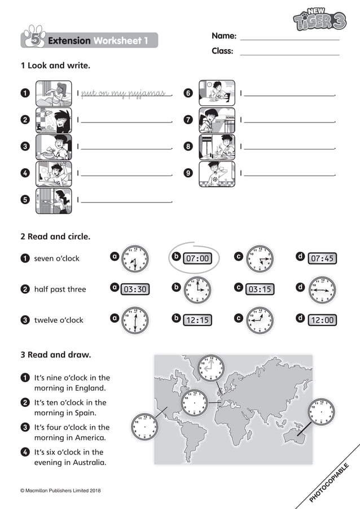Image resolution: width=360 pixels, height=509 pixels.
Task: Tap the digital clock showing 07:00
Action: (x=197, y=258)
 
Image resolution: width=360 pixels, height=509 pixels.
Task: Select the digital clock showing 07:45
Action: (x=322, y=258)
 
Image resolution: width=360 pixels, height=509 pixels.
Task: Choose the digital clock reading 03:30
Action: (x=135, y=289)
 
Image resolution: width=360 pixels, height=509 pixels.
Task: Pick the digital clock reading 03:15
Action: (x=260, y=289)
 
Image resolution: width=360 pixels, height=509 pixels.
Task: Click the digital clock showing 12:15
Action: (x=197, y=320)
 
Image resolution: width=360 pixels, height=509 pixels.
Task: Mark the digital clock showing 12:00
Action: (x=322, y=320)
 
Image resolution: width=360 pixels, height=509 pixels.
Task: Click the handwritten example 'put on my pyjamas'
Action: (x=123, y=93)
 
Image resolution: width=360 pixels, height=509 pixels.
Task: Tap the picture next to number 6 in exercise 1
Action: (x=217, y=93)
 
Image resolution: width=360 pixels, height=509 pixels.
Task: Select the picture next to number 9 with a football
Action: (x=217, y=174)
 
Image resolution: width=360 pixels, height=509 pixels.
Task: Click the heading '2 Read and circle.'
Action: (x=55, y=237)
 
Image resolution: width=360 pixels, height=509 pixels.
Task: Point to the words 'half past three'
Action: (x=60, y=289)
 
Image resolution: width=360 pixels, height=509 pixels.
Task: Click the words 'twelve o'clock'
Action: (x=59, y=320)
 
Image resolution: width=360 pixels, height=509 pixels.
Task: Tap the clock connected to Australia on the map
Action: (x=321, y=411)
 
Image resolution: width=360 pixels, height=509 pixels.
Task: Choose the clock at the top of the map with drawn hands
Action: (x=210, y=368)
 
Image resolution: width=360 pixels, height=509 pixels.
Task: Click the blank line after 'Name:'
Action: (x=289, y=38)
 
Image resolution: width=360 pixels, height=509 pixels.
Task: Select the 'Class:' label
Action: (x=222, y=51)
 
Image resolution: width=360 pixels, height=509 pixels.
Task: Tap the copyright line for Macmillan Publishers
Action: (x=60, y=490)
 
